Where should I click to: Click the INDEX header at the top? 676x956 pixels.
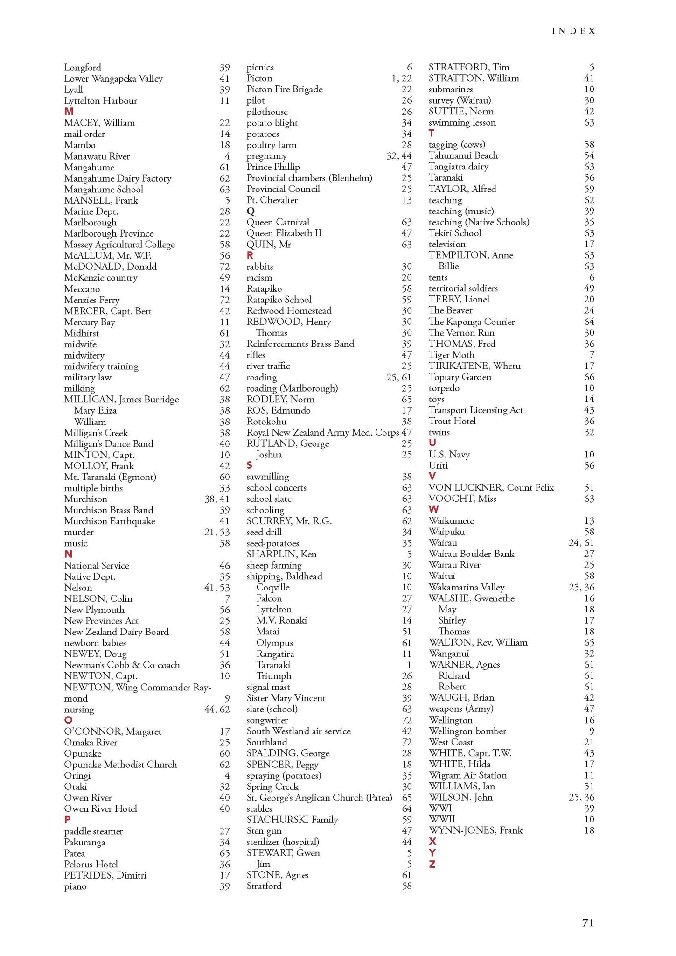(573, 31)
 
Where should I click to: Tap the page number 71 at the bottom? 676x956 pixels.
(588, 922)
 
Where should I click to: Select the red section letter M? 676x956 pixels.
(69, 112)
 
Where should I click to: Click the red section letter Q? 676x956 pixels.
(251, 211)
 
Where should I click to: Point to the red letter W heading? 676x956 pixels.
(433, 509)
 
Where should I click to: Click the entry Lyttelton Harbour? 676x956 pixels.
(101, 101)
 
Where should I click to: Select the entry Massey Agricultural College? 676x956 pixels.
(119, 245)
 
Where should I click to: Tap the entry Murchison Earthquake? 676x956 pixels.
(110, 521)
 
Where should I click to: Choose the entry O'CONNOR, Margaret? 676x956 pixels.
(113, 731)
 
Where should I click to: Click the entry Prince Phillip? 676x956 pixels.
(273, 167)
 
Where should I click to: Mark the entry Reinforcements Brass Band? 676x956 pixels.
(300, 344)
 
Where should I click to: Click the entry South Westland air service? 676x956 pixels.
(299, 731)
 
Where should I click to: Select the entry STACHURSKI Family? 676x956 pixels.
(292, 820)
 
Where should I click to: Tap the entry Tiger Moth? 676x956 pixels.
(451, 355)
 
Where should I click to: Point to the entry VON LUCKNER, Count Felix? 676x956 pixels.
(491, 487)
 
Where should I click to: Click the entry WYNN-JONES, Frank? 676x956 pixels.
(475, 830)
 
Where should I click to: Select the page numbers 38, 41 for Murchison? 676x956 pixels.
(217, 499)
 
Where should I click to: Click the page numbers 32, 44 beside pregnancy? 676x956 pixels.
(399, 156)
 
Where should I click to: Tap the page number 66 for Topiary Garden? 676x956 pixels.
(589, 377)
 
